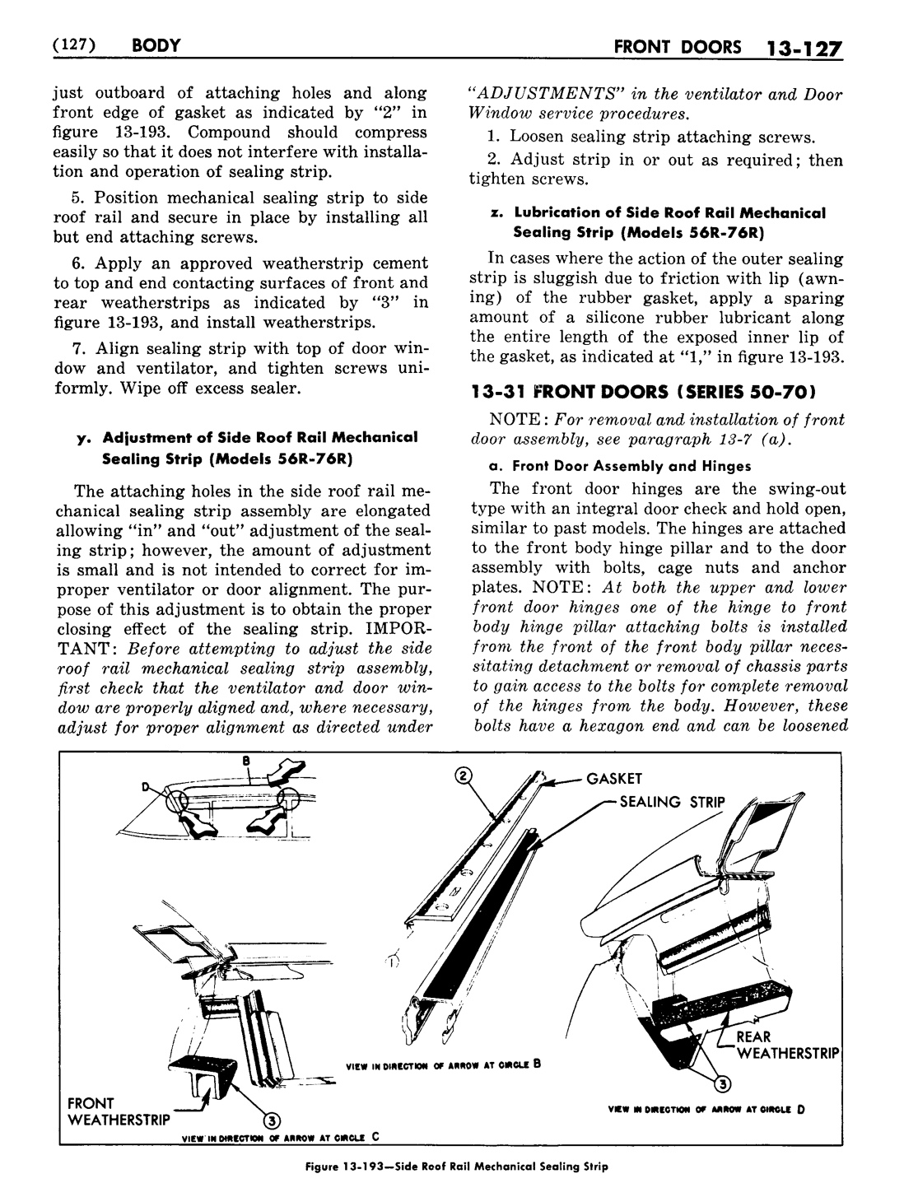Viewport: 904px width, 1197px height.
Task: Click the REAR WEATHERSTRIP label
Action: (x=786, y=1046)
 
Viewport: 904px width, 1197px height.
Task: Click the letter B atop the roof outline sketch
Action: (x=245, y=762)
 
